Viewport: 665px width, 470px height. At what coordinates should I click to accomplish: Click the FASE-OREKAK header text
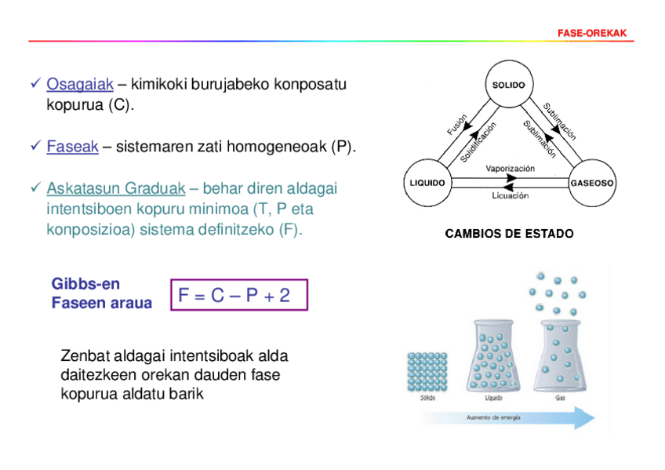(x=593, y=34)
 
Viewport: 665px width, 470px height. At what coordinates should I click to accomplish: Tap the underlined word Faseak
(x=72, y=147)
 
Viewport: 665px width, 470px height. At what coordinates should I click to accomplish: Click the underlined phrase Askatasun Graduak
(x=116, y=189)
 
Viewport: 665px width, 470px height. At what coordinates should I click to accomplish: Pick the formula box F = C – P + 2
(x=238, y=295)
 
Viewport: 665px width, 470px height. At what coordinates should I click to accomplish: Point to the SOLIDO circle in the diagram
(x=508, y=85)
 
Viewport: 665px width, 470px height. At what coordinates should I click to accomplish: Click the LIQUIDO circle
(x=427, y=183)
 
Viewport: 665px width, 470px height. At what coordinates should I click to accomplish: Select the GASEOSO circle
(x=592, y=183)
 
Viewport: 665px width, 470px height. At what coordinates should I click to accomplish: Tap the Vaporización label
(x=510, y=168)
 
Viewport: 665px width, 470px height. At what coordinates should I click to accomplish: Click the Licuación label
(x=510, y=196)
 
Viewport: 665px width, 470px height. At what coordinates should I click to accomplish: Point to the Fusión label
(x=457, y=124)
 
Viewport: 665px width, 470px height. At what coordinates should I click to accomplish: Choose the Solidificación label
(x=478, y=142)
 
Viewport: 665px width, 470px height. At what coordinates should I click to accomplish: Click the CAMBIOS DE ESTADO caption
(x=509, y=234)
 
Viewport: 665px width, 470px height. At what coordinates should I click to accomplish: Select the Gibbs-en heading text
(x=85, y=284)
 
